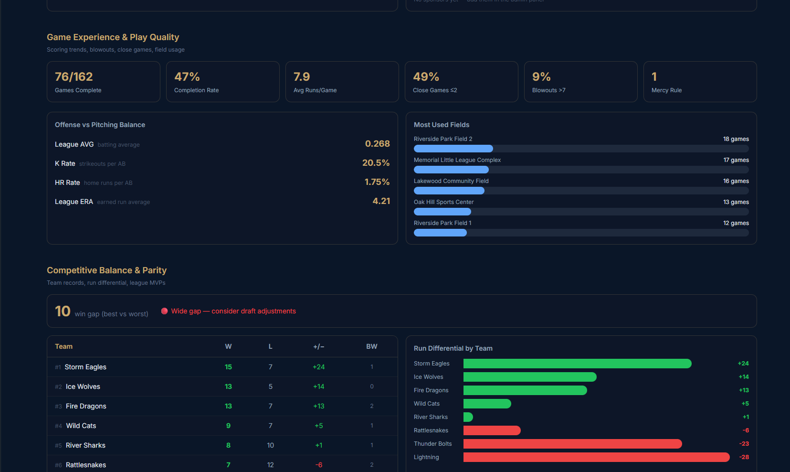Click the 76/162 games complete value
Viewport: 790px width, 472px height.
(74, 77)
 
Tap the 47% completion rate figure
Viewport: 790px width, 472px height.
(187, 77)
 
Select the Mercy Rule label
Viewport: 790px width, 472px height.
(666, 90)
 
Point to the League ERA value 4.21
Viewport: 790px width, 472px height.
(381, 201)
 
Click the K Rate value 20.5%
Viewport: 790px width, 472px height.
(376, 163)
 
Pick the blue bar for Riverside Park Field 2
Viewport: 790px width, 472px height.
(453, 149)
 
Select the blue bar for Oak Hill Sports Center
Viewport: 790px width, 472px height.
(442, 212)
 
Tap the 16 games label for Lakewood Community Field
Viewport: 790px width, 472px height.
(736, 181)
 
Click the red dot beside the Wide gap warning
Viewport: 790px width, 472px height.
(164, 311)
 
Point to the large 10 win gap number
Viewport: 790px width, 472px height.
(63, 311)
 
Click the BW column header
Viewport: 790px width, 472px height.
(371, 346)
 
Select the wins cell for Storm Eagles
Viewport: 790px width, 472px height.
(228, 367)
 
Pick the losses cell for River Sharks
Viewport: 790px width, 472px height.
(270, 445)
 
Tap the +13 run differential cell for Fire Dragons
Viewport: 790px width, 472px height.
(318, 406)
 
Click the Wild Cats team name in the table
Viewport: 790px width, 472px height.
(81, 426)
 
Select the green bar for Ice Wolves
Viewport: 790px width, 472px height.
(530, 377)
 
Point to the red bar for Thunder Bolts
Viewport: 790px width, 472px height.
(572, 444)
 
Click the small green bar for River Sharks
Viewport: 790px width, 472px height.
(468, 417)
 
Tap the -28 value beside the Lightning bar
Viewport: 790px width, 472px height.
(744, 457)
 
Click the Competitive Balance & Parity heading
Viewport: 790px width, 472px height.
(106, 270)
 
